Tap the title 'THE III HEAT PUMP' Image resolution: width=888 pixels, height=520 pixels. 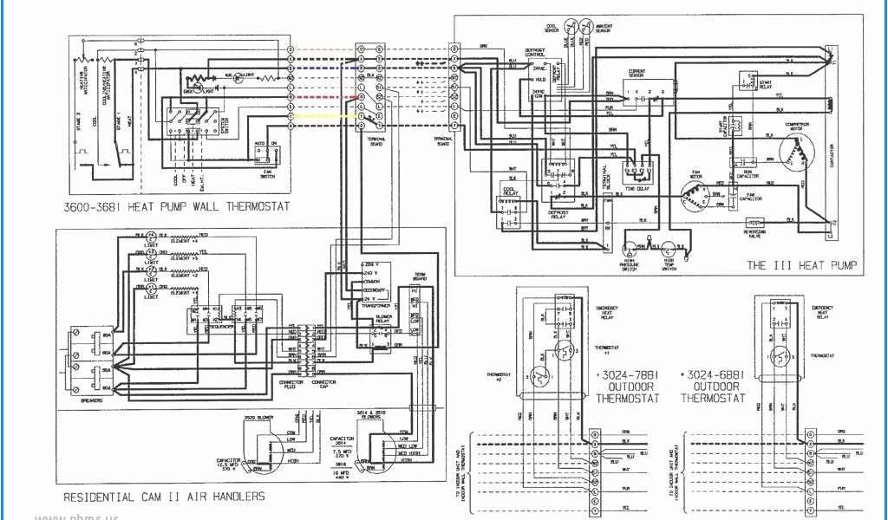pyautogui.click(x=801, y=265)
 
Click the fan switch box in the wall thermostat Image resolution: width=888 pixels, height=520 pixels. pyautogui.click(x=267, y=153)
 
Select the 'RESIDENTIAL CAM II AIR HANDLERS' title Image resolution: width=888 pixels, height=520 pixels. pyautogui.click(x=164, y=497)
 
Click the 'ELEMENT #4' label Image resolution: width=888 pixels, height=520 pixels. pyautogui.click(x=183, y=243)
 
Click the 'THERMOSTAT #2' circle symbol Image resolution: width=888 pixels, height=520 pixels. pyautogui.click(x=539, y=375)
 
